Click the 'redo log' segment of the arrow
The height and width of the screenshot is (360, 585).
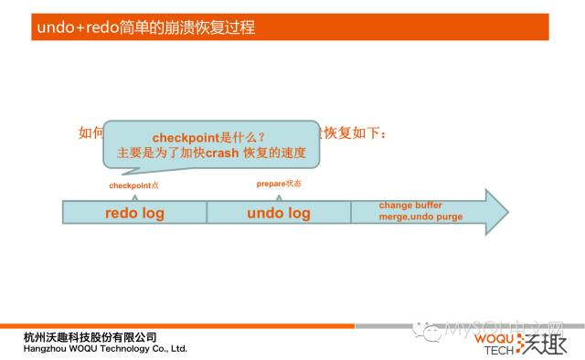pyautogui.click(x=133, y=213)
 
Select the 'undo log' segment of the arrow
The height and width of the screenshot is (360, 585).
pyautogui.click(x=279, y=213)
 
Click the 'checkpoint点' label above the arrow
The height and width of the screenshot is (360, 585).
pyautogui.click(x=133, y=185)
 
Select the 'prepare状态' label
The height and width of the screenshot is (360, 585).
pyautogui.click(x=279, y=184)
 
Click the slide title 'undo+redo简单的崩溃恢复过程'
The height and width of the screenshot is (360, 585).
pyautogui.click(x=146, y=27)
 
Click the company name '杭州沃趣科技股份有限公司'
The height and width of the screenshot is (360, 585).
pyautogui.click(x=90, y=337)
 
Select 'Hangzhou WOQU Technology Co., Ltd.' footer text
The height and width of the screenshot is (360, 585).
pyautogui.click(x=105, y=348)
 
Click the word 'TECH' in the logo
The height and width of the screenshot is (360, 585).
pyautogui.click(x=499, y=349)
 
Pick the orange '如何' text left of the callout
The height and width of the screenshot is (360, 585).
pyautogui.click(x=91, y=133)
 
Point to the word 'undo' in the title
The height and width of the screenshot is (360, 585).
pyautogui.click(x=55, y=27)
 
